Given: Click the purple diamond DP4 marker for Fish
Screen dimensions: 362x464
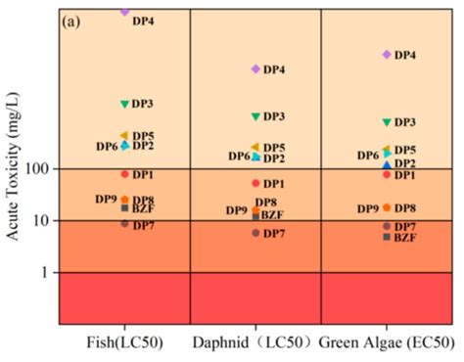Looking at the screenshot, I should coord(124,12).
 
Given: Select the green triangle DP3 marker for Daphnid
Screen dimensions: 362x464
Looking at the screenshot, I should coord(255,116).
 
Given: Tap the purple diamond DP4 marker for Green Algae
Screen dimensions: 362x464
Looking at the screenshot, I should coord(387,55).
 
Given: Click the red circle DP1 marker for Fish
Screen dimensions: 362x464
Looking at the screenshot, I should coord(124,174).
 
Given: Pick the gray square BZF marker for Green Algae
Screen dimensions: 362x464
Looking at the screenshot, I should coord(387,237).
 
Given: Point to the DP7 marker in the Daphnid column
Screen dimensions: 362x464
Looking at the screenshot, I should coord(255,233).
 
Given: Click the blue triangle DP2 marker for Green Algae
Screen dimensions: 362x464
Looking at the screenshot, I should coord(387,165).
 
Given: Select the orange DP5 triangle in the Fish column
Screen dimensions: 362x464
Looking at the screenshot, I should coord(123,136).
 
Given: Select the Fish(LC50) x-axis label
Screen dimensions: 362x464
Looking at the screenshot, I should coord(123,343).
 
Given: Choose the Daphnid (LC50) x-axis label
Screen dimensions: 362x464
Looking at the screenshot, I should coord(255,343).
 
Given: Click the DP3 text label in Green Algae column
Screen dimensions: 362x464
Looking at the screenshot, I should coord(405,122).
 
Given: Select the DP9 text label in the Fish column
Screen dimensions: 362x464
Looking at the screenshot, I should coord(106,199).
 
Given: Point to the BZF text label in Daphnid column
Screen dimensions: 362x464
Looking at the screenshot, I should coord(272,215).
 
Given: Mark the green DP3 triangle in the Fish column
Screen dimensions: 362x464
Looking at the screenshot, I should coord(124,103).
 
